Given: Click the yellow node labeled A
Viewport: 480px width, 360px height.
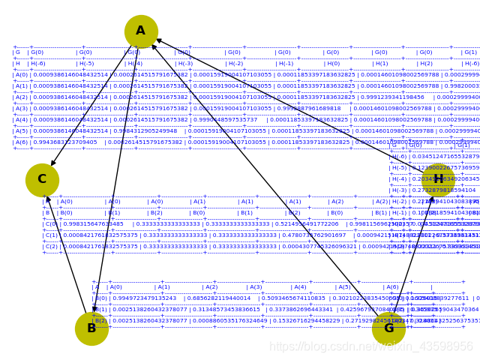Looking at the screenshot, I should pos(141,31).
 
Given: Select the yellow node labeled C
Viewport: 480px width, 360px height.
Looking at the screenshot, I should pos(42,180).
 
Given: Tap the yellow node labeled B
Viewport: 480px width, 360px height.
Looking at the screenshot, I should pos(91,328).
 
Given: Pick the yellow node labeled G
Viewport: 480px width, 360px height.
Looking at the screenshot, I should pos(388,328).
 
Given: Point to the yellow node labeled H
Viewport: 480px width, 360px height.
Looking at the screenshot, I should pos(437,179).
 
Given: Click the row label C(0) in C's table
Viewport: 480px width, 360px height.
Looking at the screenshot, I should pos(51,224).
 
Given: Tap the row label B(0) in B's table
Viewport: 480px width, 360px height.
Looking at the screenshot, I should pos(100,298).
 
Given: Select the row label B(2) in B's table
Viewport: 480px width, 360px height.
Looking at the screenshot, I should pos(100,321).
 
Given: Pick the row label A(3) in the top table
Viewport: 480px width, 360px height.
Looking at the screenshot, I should pos(21,109).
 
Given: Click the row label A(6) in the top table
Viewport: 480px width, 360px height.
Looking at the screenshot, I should pos(21,142).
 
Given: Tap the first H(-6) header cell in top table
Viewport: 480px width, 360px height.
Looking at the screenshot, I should pos(37,64).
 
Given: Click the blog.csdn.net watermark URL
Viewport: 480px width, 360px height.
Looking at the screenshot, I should pos(371,347).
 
